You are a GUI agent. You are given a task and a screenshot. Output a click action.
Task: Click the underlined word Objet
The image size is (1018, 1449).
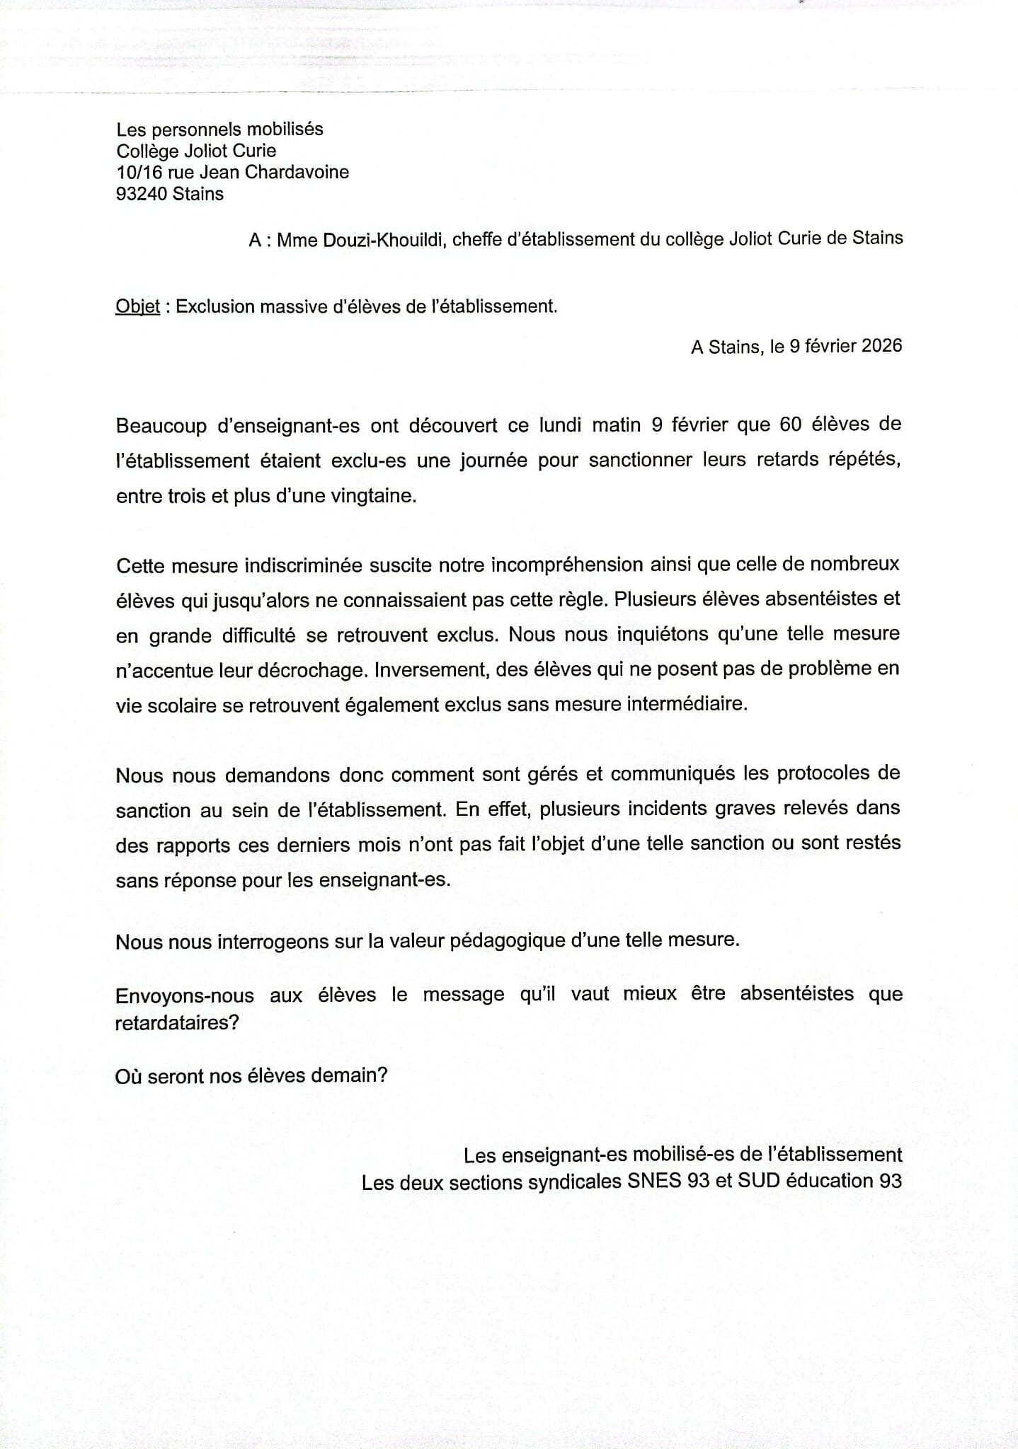click(137, 307)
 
